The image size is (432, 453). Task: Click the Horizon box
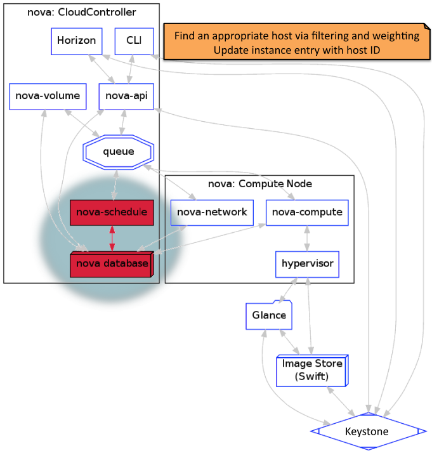coord(77,41)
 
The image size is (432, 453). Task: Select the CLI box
coord(134,41)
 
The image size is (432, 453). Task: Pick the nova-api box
coord(127,96)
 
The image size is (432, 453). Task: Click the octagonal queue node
coord(119,152)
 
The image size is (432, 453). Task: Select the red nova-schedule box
coord(112,212)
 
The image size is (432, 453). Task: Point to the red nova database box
coord(112,263)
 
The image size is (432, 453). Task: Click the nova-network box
coord(213,212)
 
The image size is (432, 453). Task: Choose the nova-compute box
coord(307,212)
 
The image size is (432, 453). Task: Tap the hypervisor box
coord(307,263)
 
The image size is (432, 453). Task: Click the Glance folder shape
coord(268,315)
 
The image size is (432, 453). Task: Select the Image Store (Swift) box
coord(312,371)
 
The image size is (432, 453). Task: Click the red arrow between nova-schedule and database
coord(112,237)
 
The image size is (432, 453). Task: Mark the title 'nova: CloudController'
coord(82,11)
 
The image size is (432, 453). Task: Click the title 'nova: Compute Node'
coord(259,184)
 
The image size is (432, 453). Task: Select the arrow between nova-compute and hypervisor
coord(307,238)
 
